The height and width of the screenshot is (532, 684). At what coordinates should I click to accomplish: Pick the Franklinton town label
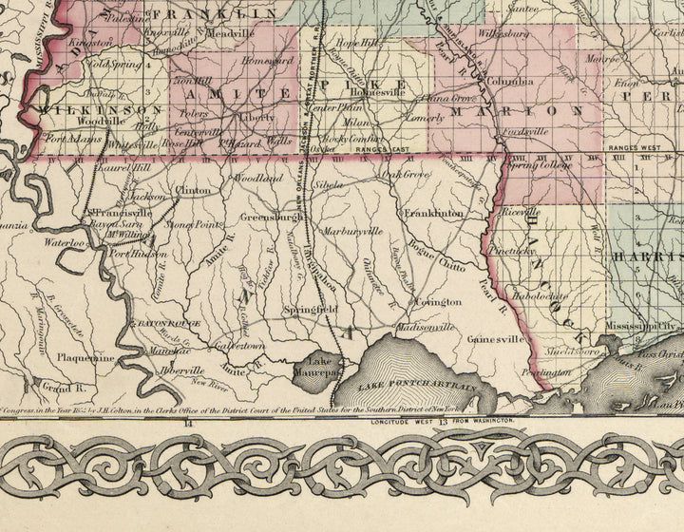[433, 214]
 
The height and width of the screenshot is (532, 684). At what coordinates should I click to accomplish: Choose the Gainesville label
[495, 338]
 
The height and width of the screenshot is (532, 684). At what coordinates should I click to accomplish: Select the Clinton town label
[194, 190]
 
